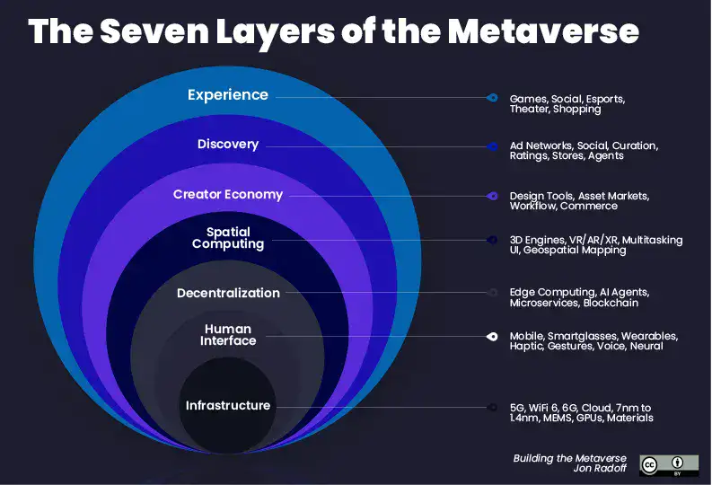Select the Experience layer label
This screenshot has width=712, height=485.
pos(227,94)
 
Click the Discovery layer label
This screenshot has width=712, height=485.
pos(227,145)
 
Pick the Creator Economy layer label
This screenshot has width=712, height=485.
pos(227,194)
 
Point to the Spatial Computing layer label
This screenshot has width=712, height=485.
pos(227,237)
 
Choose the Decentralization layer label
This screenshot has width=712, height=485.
pos(227,293)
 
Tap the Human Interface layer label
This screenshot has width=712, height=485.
pos(227,335)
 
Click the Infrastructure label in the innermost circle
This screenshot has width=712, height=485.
pos(227,405)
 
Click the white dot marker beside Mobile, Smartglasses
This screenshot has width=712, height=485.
pos(492,336)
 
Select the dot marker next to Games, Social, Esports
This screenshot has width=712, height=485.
pos(492,97)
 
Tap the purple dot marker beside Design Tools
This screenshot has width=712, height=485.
pos(492,196)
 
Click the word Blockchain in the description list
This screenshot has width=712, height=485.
pos(611,304)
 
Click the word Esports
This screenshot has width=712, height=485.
pos(603,98)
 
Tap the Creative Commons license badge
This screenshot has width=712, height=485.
pos(668,464)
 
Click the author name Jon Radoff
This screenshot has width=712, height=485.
pos(599,470)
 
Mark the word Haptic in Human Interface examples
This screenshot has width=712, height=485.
pos(526,347)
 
